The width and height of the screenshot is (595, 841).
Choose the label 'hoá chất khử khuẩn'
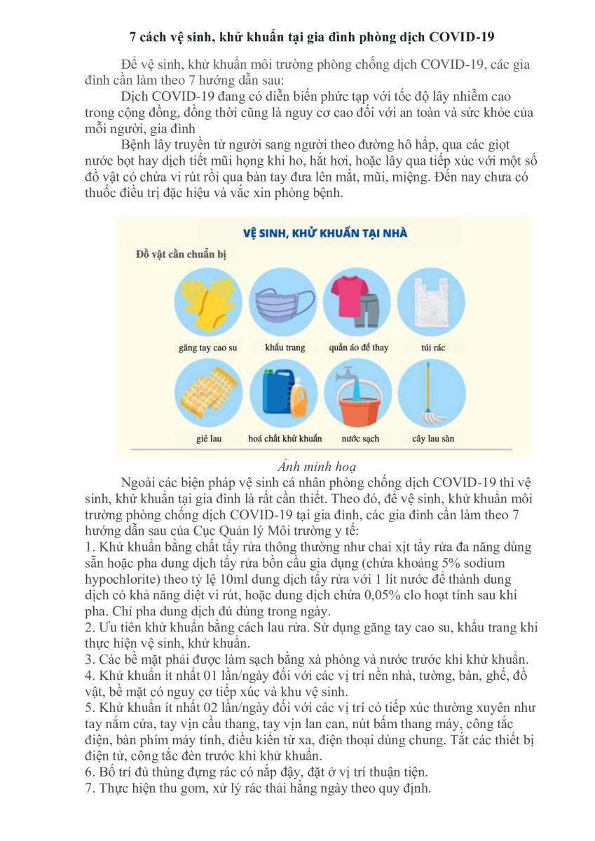(x=285, y=439)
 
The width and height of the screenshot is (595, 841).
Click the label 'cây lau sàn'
(x=433, y=439)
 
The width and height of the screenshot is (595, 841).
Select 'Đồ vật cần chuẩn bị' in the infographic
(x=181, y=254)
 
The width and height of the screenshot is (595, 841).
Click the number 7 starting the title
(x=134, y=35)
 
